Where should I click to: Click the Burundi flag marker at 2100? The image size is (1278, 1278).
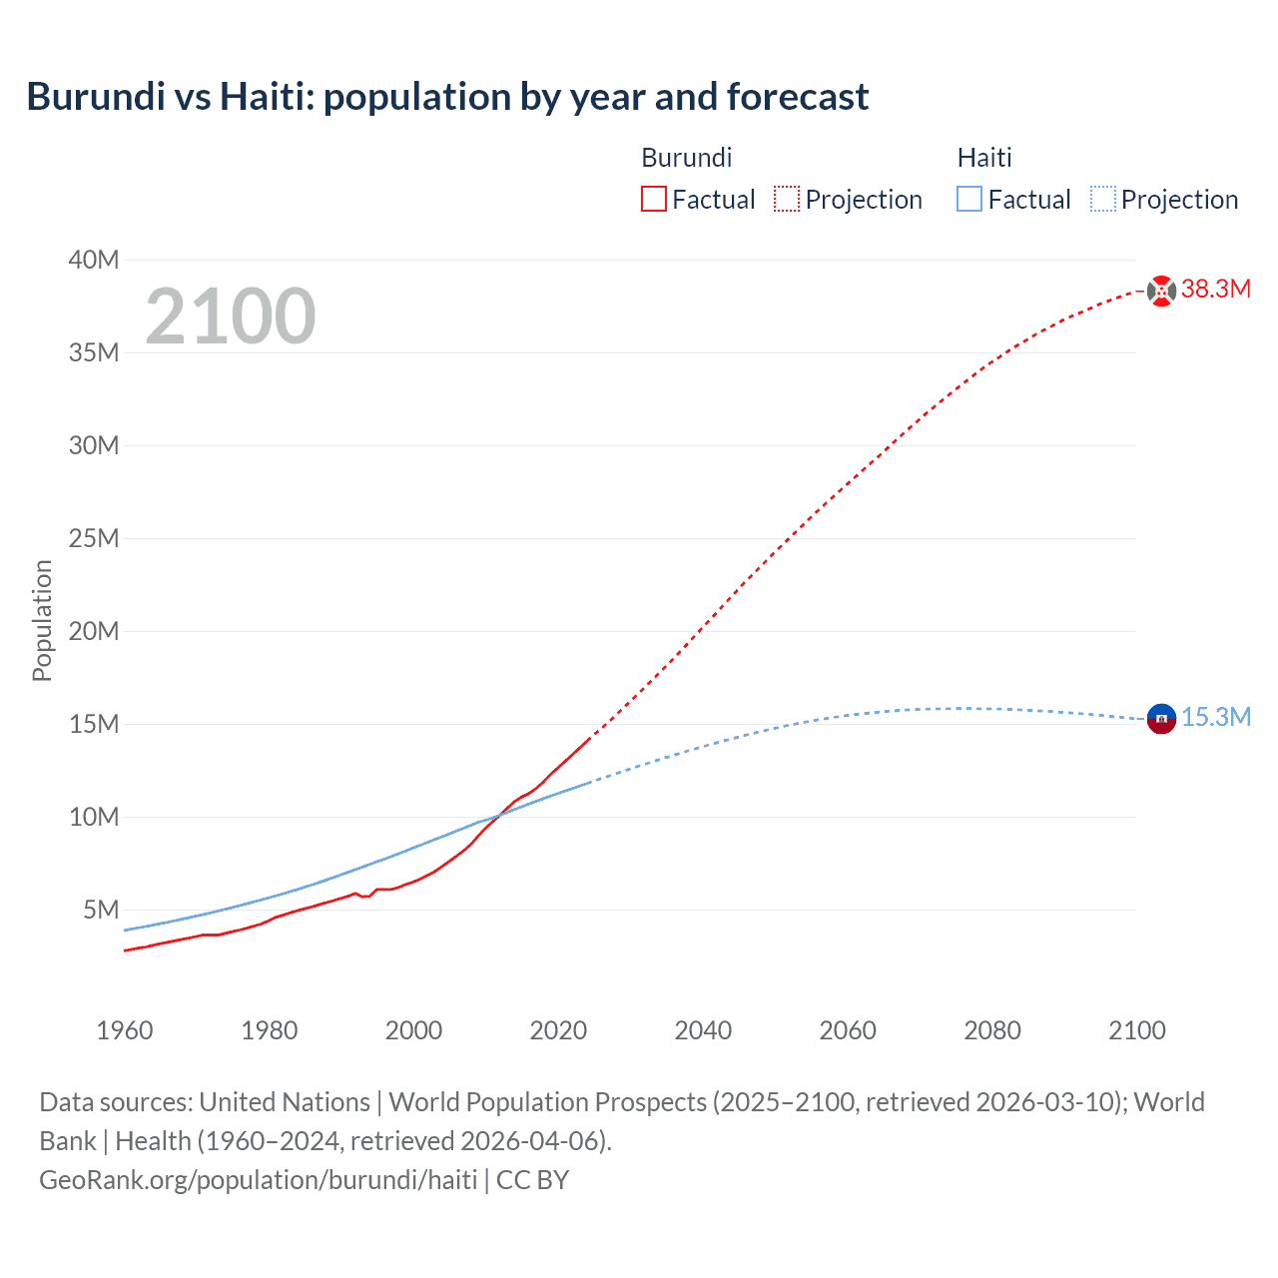pyautogui.click(x=1161, y=291)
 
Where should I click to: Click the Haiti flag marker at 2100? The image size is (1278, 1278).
pyautogui.click(x=1161, y=718)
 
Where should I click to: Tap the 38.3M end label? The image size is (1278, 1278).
pyautogui.click(x=1216, y=290)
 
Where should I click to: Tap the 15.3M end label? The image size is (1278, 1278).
pyautogui.click(x=1216, y=718)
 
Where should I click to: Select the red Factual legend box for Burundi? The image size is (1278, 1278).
pyautogui.click(x=654, y=200)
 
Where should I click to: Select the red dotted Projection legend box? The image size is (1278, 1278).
pyautogui.click(x=787, y=200)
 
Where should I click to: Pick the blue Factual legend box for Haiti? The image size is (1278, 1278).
pyautogui.click(x=969, y=200)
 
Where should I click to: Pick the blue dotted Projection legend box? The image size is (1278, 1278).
pyautogui.click(x=1103, y=200)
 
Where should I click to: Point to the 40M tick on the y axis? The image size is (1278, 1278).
pyautogui.click(x=94, y=261)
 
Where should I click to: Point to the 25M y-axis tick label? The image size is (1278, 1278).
pyautogui.click(x=94, y=539)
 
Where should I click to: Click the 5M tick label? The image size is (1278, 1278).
pyautogui.click(x=101, y=911)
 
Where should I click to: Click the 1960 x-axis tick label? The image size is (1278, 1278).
pyautogui.click(x=125, y=1030)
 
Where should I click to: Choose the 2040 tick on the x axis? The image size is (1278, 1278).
pyautogui.click(x=703, y=1030)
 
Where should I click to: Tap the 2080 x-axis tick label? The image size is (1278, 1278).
pyautogui.click(x=992, y=1030)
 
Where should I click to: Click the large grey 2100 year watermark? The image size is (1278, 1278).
pyautogui.click(x=231, y=317)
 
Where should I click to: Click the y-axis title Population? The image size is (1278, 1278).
pyautogui.click(x=42, y=620)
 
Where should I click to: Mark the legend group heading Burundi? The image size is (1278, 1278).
pyautogui.click(x=687, y=158)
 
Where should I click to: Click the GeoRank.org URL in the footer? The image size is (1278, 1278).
pyautogui.click(x=258, y=1180)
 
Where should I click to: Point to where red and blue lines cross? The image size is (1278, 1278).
pyautogui.click(x=500, y=815)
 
